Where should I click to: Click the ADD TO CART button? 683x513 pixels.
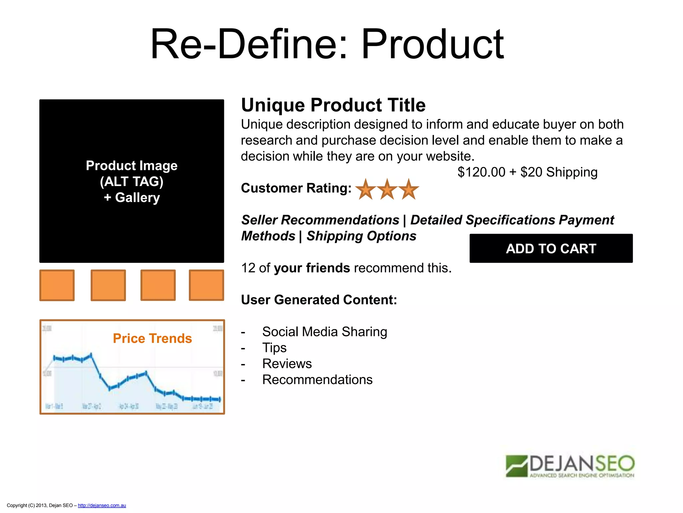tap(551, 248)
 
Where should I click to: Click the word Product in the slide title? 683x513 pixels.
tap(432, 44)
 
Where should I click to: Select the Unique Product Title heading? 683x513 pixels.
tap(333, 105)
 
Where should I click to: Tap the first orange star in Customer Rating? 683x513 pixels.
tap(366, 189)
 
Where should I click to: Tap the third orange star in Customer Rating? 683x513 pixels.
tap(408, 189)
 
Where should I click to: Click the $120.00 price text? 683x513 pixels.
tap(481, 172)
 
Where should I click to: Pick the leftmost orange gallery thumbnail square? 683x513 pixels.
tap(57, 285)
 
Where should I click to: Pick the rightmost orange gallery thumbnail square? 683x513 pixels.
tap(206, 285)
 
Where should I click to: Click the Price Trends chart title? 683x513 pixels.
tap(152, 338)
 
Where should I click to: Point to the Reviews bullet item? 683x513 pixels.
tap(287, 364)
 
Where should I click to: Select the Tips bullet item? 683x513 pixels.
tap(274, 348)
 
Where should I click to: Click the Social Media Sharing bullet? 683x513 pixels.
tap(324, 332)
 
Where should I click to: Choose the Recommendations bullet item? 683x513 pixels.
tap(317, 380)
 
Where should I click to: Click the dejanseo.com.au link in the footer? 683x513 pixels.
tap(102, 505)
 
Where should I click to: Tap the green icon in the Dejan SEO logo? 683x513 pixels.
tap(516, 466)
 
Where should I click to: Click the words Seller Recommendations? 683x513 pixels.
tap(320, 220)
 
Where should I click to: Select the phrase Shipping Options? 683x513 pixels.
tap(361, 236)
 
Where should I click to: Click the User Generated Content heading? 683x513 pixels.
tap(319, 300)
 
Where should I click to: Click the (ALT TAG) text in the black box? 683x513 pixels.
tap(132, 182)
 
